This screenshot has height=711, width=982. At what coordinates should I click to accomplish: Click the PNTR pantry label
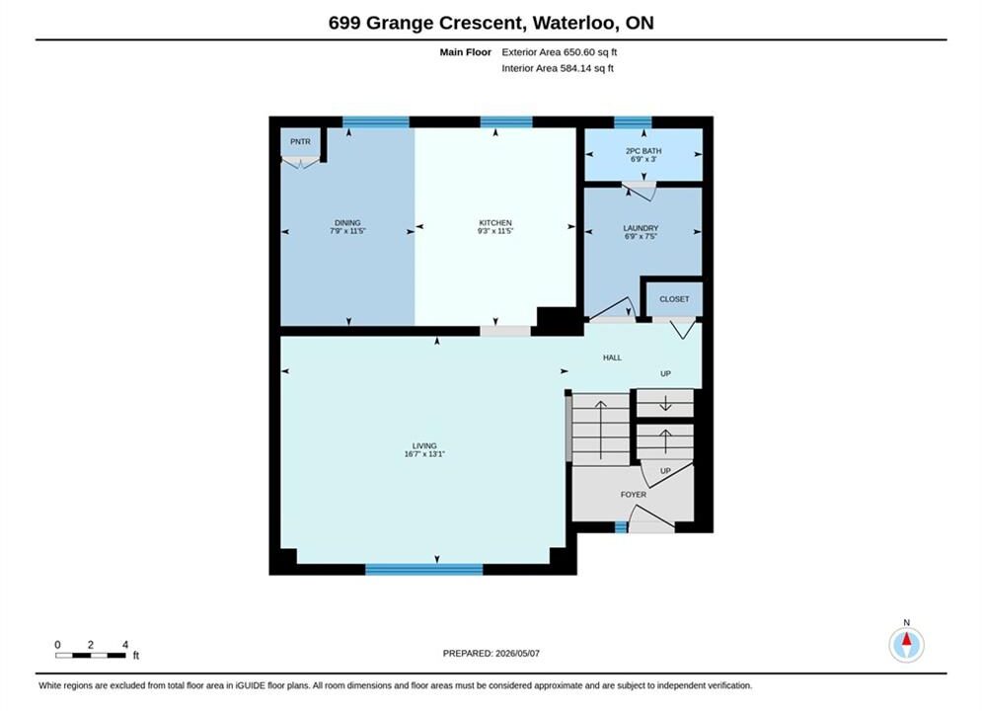tap(300, 141)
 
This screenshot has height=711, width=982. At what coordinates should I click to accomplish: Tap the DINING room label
tap(347, 222)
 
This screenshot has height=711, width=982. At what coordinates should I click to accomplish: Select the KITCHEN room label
tap(495, 222)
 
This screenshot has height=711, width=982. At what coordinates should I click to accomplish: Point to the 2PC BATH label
tap(643, 151)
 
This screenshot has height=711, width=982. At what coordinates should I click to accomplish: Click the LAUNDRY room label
tap(641, 228)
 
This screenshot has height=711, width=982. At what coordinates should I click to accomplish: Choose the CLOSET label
tap(674, 299)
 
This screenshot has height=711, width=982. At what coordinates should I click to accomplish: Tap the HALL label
tap(612, 357)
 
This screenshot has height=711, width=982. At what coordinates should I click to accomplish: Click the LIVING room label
tap(424, 445)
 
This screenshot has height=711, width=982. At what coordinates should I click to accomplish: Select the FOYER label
tap(634, 495)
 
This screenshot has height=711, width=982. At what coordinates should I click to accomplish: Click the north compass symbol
tap(906, 644)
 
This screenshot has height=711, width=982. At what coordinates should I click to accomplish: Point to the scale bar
tap(90, 656)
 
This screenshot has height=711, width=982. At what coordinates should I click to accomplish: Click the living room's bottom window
tap(424, 569)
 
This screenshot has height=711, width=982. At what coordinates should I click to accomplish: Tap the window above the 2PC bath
tap(633, 122)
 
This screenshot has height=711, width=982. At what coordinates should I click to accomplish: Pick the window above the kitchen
tap(506, 122)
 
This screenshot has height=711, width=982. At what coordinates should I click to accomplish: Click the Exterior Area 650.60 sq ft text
tap(560, 52)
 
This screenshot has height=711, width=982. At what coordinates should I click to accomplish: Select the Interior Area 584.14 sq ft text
tap(558, 68)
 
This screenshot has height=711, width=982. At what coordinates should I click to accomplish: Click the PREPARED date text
tap(491, 654)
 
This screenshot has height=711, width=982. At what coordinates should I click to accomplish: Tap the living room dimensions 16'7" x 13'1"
tap(424, 454)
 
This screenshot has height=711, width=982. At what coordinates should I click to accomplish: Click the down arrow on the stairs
tap(665, 404)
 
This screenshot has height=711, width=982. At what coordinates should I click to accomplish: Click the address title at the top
tap(491, 23)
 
